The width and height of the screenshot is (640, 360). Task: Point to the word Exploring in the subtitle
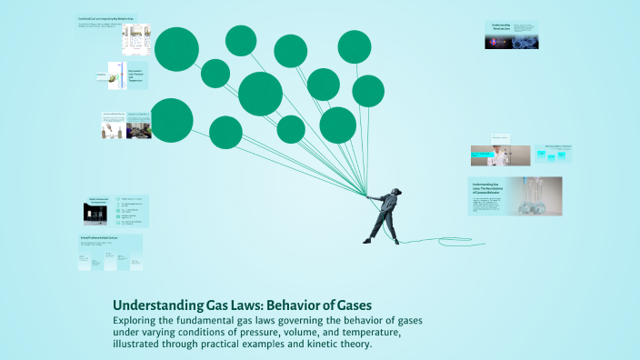click(141, 321)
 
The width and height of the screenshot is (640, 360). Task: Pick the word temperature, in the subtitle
click(360, 333)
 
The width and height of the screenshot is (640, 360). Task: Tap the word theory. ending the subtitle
click(351, 345)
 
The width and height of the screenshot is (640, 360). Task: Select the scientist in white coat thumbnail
click(499, 155)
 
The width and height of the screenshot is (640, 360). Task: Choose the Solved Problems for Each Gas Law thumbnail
click(109, 253)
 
